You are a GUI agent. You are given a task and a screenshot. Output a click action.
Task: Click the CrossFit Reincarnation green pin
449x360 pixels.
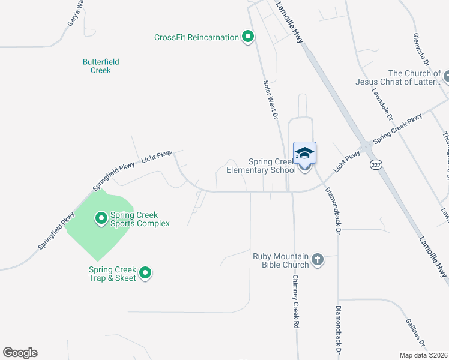pyautogui.click(x=247, y=37)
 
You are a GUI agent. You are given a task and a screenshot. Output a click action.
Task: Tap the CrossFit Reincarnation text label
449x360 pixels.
pyautogui.click(x=196, y=37)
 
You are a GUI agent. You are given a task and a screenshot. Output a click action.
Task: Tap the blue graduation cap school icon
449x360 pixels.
pyautogui.click(x=304, y=152)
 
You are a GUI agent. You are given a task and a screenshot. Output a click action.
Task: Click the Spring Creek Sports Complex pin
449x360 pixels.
pyautogui.click(x=100, y=217)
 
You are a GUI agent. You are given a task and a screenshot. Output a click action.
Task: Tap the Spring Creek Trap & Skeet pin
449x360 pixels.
pyautogui.click(x=145, y=274)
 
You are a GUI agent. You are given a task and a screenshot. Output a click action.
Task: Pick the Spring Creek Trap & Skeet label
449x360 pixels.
pyautogui.click(x=113, y=274)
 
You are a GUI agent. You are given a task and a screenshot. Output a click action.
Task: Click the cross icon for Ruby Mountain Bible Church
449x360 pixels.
pyautogui.click(x=317, y=260)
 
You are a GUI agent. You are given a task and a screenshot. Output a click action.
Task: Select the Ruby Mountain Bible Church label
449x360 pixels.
pyautogui.click(x=281, y=260)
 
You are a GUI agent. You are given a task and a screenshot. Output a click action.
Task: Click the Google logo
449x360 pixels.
pyautogui.click(x=20, y=353)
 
